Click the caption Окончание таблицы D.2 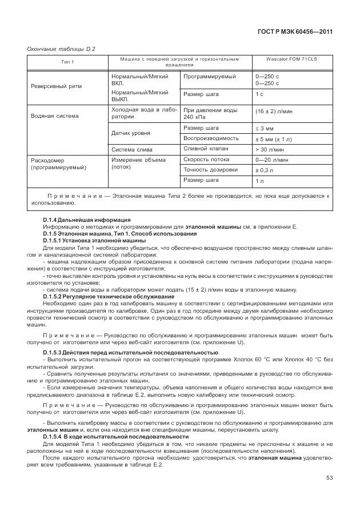[x=61, y=49]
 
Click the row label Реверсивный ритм [x=56, y=86]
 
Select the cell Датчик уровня [x=131, y=133]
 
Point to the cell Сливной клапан [x=206, y=149]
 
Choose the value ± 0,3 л [x=265, y=170]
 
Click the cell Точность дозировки [x=210, y=170]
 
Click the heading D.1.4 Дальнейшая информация [x=87, y=220]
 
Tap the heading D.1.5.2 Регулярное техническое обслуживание [x=109, y=297]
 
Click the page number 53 [x=329, y=478]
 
